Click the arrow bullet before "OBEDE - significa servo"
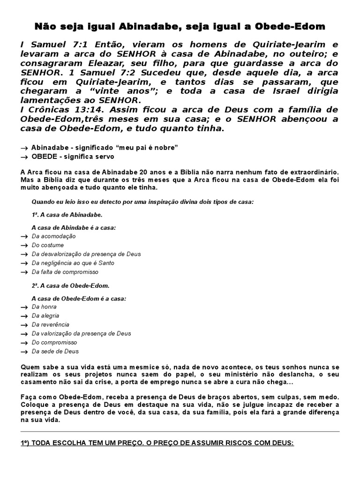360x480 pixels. [24, 157]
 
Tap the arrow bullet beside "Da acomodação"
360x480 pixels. [24, 237]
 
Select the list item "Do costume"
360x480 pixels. [48, 245]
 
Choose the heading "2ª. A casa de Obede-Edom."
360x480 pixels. [70, 285]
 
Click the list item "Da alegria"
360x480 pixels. [45, 316]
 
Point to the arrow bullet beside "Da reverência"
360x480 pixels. [24, 325]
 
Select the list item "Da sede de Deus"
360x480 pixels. [55, 351]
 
